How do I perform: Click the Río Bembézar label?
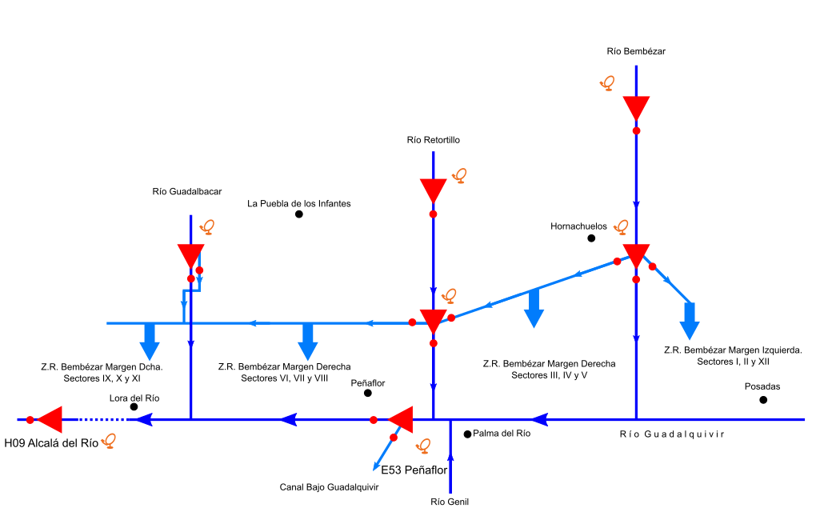point(636,51)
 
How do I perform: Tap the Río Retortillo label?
point(433,140)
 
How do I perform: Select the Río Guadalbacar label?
point(186,192)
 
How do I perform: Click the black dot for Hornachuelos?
point(591,238)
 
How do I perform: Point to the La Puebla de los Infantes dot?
point(298,214)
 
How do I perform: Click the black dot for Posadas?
point(762,400)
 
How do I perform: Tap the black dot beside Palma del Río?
point(467,434)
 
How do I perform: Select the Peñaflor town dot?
point(367,393)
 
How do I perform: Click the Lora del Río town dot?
point(134,407)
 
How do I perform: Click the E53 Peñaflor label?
point(414,470)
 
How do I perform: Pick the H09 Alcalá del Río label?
point(51,442)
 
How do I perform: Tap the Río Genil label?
point(449,502)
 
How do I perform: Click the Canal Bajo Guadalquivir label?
point(329,486)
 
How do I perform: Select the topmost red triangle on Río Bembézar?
point(636,107)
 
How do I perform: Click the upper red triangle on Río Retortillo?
point(433,190)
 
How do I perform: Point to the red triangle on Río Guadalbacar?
point(190,255)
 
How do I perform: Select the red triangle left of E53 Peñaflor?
point(401,418)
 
